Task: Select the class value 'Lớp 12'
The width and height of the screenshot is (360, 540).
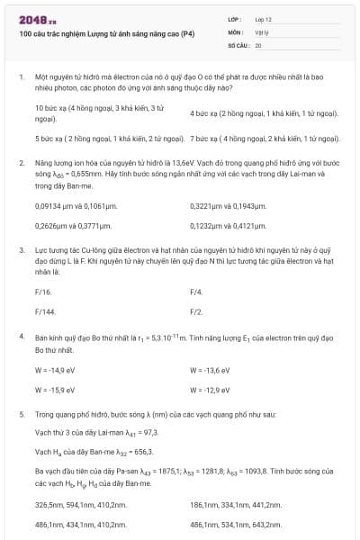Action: pos(263,19)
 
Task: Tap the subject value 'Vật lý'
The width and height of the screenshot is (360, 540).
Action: pos(262,31)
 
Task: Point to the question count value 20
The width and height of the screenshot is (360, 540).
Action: pos(258,44)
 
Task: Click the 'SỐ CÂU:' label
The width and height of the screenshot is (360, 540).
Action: pos(238,44)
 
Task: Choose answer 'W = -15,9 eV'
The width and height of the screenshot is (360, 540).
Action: pos(61,390)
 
